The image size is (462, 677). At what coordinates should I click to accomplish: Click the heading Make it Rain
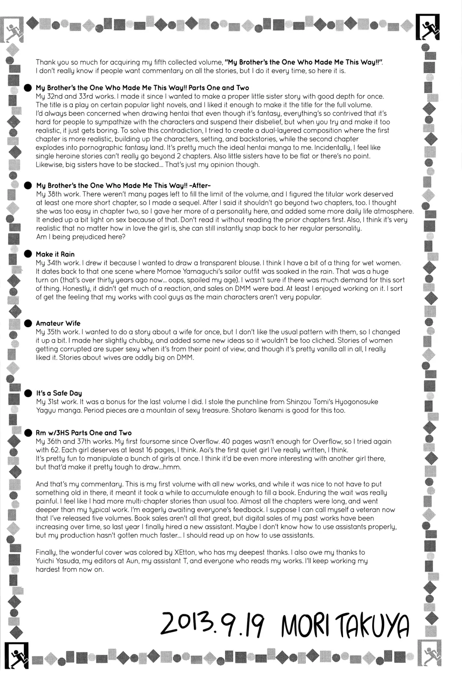55,254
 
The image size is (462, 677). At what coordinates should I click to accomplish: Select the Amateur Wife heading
58,323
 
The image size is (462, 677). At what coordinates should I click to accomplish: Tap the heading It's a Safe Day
59,393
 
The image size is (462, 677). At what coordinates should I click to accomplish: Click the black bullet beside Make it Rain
28,254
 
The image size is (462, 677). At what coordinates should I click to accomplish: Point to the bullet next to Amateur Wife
28,323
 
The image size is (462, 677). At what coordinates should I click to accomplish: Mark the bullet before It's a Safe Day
28,393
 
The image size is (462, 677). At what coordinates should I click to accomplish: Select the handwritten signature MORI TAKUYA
345,626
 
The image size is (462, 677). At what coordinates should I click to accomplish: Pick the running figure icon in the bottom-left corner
16,655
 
